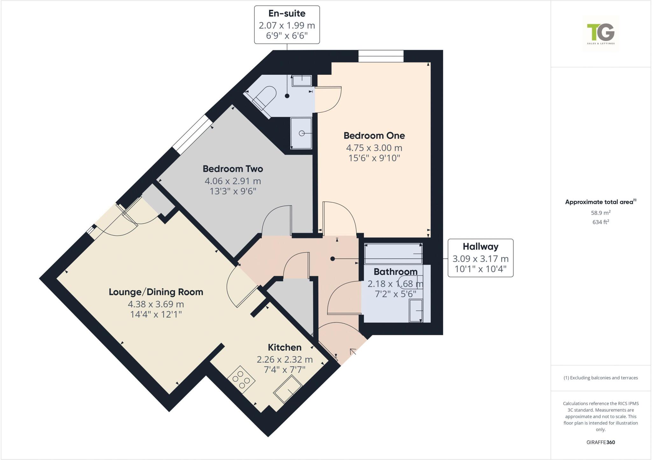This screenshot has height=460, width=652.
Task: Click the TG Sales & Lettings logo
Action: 601,34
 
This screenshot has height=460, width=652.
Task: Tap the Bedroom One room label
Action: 374,136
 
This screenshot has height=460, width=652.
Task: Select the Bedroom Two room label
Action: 233,169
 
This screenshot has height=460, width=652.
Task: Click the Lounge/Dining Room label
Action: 156,292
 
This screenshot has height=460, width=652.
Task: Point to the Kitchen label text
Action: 284,347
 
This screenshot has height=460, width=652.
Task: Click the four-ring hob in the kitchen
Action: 241,380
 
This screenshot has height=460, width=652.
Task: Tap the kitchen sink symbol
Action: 288,389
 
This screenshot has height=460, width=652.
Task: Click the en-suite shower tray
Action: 301,133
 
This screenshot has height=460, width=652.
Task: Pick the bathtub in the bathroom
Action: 393,254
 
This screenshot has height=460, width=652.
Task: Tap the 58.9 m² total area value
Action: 600,213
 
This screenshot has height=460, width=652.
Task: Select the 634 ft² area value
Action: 600,222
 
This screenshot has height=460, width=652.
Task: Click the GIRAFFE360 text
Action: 600,442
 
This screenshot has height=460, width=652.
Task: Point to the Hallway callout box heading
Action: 480,247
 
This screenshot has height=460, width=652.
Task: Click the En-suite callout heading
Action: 287,13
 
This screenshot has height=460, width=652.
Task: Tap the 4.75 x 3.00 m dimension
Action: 374,148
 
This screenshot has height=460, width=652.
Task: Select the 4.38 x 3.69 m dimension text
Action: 156,304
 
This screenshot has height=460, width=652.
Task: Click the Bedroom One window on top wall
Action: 381,56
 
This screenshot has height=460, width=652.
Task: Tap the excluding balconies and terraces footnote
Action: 600,378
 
